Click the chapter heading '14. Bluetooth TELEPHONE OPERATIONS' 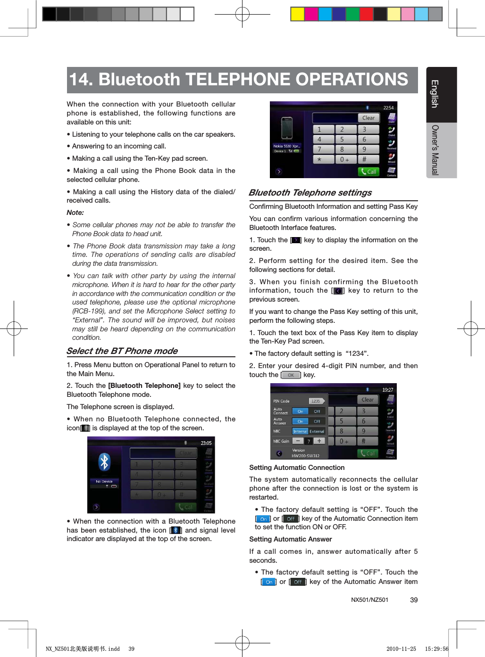[239, 80]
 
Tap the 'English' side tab [435, 94]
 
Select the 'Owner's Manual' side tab [435, 150]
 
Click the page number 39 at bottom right [414, 600]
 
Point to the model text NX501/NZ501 [369, 600]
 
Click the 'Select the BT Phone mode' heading [122, 351]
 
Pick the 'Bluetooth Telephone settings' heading [310, 193]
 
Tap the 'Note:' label [75, 213]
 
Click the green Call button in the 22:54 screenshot [368, 172]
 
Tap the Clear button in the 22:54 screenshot [368, 118]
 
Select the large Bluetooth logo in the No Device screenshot [104, 461]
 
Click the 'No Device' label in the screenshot [104, 481]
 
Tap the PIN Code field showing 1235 [316, 401]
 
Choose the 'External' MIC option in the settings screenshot [317, 431]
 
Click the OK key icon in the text [291, 375]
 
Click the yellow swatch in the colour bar [297, 14]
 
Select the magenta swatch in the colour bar [311, 14]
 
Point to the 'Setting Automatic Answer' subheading [290, 539]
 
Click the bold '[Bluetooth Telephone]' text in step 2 [144, 386]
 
